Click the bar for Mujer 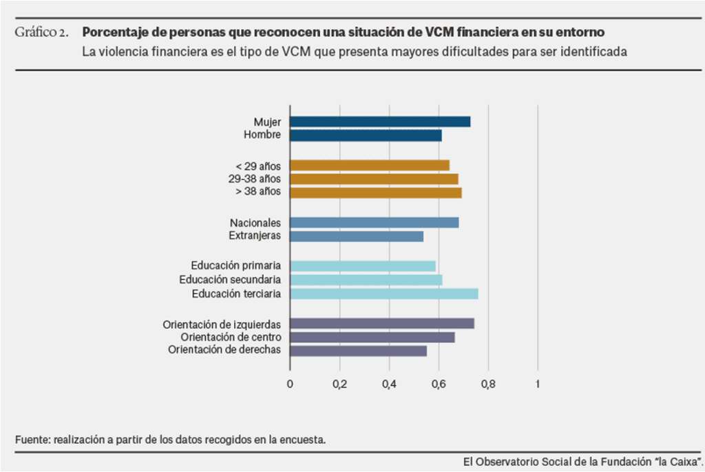tap(380, 122)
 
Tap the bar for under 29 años tap(370, 165)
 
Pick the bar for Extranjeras tap(357, 236)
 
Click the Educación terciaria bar tap(384, 294)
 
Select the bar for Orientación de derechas tap(358, 351)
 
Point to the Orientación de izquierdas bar tap(382, 324)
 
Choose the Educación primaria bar tap(363, 266)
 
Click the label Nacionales tap(255, 223)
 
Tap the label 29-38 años tap(255, 178)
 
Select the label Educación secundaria tap(230, 280)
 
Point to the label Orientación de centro tap(231, 337)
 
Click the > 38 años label tap(258, 192)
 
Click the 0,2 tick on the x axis tap(339, 384)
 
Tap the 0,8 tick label tap(488, 384)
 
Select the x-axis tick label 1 tap(538, 384)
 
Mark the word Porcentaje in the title tap(112, 32)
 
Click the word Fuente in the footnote tap(30, 439)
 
